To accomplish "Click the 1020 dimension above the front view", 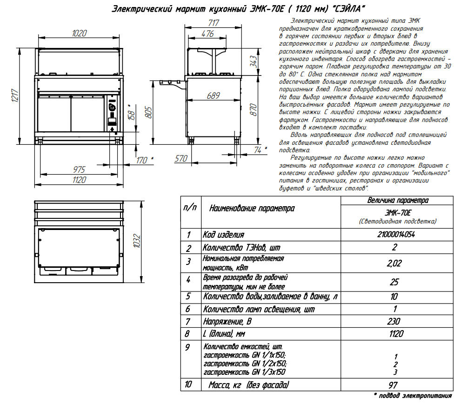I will tap(80, 33).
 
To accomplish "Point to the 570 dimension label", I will tap(180, 158).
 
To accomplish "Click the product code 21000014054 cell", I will tap(397, 235).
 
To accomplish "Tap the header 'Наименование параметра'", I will tap(252, 208).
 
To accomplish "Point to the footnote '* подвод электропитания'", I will tap(413, 396).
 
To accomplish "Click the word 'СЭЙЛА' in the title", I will tap(347, 9).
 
